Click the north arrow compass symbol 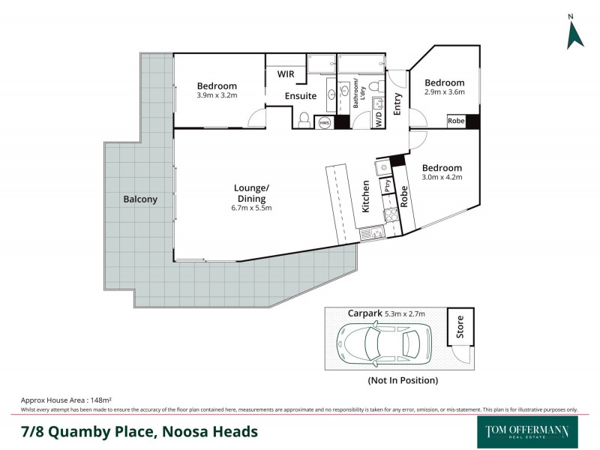(x=574, y=33)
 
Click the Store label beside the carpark (x=459, y=327)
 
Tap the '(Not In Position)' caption (x=402, y=380)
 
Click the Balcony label (x=140, y=199)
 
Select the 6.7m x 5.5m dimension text (x=251, y=208)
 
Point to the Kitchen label (x=366, y=196)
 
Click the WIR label (x=286, y=74)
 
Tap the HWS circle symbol (x=325, y=121)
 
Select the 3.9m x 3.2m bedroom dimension (x=217, y=95)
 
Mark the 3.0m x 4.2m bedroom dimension (x=442, y=178)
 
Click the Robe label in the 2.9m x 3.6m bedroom (x=455, y=121)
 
